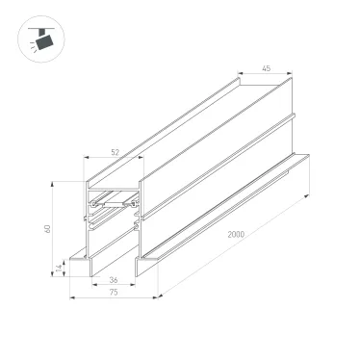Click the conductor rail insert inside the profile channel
click(x=114, y=204)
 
